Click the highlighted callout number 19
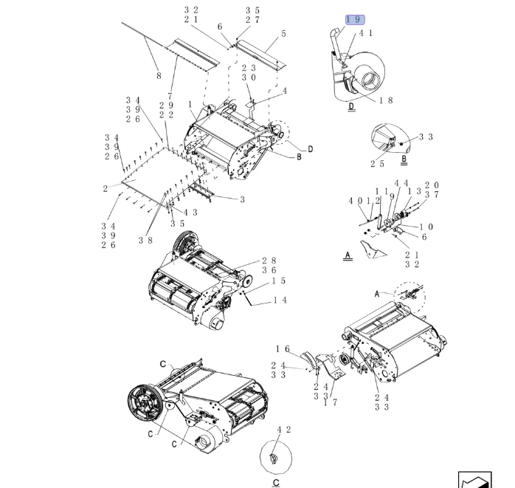[354, 19]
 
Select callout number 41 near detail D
[366, 33]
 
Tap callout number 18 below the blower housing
[386, 100]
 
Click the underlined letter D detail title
[351, 107]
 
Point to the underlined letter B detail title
[404, 159]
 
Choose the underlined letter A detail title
[348, 256]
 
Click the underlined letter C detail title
[276, 483]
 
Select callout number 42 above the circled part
[283, 429]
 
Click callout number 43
[190, 213]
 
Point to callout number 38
[145, 240]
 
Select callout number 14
[280, 300]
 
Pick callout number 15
[278, 281]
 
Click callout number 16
[283, 348]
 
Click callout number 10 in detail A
[426, 227]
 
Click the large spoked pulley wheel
[145, 402]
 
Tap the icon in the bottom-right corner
[474, 479]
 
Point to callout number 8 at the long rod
[158, 75]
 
